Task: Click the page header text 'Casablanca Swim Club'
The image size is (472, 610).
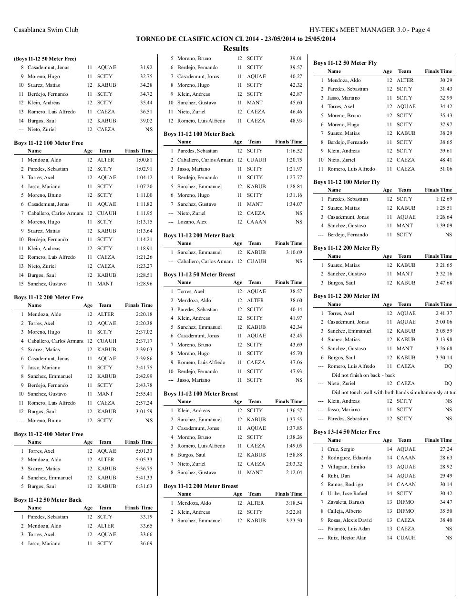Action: pos(46,30)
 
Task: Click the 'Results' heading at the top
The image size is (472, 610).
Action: pos(236,48)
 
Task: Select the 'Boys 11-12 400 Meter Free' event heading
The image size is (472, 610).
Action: pos(48,434)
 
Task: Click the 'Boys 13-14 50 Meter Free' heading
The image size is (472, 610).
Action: pos(347,432)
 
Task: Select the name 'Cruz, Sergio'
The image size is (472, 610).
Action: pos(341,449)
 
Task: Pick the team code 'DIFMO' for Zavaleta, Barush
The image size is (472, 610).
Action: pos(405,502)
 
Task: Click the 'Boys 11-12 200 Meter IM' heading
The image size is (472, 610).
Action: pos(346,296)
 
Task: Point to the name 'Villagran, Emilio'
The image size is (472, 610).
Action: pos(346,467)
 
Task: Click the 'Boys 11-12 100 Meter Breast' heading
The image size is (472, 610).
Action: pos(200,394)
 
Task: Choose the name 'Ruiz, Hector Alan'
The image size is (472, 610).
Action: pos(347,538)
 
